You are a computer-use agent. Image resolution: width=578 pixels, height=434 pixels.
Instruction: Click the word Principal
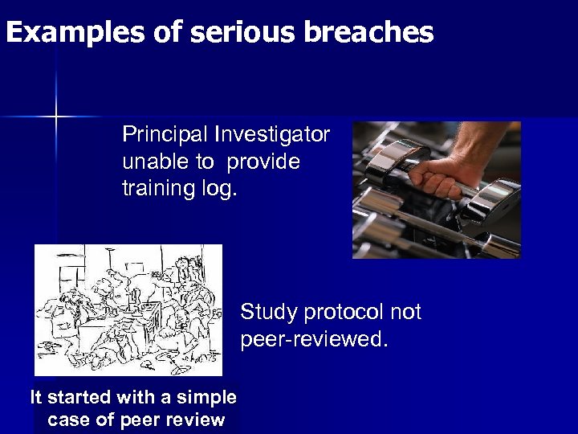click(161, 134)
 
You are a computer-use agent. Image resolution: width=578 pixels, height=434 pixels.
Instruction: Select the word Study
click(268, 312)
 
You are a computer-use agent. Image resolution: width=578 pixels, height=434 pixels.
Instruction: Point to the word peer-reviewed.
click(314, 340)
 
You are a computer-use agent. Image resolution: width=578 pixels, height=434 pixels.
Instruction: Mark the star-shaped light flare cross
click(57, 117)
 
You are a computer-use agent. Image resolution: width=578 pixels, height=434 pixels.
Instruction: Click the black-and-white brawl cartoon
click(128, 309)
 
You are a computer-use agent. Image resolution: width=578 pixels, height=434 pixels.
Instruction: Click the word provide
click(263, 162)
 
